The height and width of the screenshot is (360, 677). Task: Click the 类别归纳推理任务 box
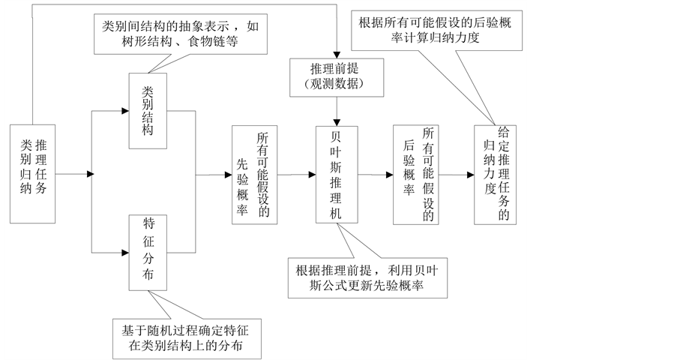(x=34, y=174)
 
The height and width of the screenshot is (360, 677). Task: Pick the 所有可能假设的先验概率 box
(x=253, y=174)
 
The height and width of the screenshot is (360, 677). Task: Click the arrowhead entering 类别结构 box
(x=124, y=111)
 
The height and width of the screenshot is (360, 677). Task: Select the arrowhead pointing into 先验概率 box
(x=228, y=175)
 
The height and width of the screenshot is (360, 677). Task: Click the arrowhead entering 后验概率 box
(x=390, y=174)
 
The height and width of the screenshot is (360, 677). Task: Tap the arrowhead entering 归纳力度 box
(x=470, y=174)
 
